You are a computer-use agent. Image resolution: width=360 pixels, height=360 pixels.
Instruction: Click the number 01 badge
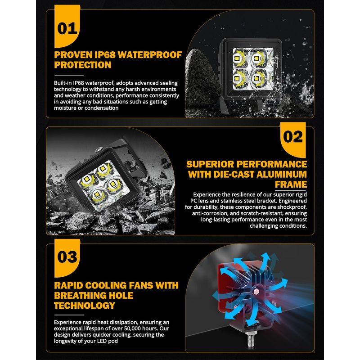(67, 27)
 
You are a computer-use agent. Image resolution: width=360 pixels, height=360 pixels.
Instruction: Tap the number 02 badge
(293, 139)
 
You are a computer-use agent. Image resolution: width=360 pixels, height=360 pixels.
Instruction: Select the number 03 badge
(67, 257)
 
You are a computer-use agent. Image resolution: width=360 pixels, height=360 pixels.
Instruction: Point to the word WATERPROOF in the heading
(150, 55)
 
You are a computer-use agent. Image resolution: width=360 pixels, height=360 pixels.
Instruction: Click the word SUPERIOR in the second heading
(210, 164)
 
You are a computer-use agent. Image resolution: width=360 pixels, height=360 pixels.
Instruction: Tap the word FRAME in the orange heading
(291, 184)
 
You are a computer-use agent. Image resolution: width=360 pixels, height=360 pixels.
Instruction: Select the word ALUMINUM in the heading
(282, 174)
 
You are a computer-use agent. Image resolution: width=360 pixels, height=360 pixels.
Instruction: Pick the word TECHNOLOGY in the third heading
(85, 306)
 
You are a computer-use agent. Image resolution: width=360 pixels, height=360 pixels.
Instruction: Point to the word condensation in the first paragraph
(102, 108)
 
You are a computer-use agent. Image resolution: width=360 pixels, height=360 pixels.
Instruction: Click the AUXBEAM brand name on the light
(252, 50)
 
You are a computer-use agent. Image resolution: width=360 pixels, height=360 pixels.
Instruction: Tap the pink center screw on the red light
(256, 292)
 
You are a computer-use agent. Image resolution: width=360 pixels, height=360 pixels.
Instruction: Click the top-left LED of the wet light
(238, 58)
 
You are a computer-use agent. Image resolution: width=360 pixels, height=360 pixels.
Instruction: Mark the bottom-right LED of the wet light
(257, 79)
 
